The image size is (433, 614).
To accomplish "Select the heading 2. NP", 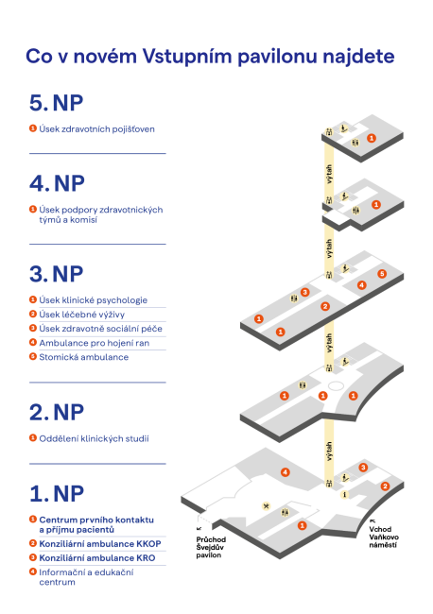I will click(56, 412).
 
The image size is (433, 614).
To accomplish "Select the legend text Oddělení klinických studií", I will click(94, 438).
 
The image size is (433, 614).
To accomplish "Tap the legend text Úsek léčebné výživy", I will click(82, 314).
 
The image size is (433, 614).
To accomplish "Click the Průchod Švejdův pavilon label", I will click(209, 549).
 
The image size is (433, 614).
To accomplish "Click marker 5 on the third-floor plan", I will click(381, 274).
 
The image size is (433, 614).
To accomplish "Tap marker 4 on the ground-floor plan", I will click(285, 471).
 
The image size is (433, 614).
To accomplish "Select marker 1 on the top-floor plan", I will click(372, 138).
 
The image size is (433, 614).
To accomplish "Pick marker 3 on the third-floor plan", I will click(304, 293).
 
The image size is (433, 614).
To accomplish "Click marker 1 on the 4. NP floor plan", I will click(375, 204).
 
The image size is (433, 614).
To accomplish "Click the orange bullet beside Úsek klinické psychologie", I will click(32, 299).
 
